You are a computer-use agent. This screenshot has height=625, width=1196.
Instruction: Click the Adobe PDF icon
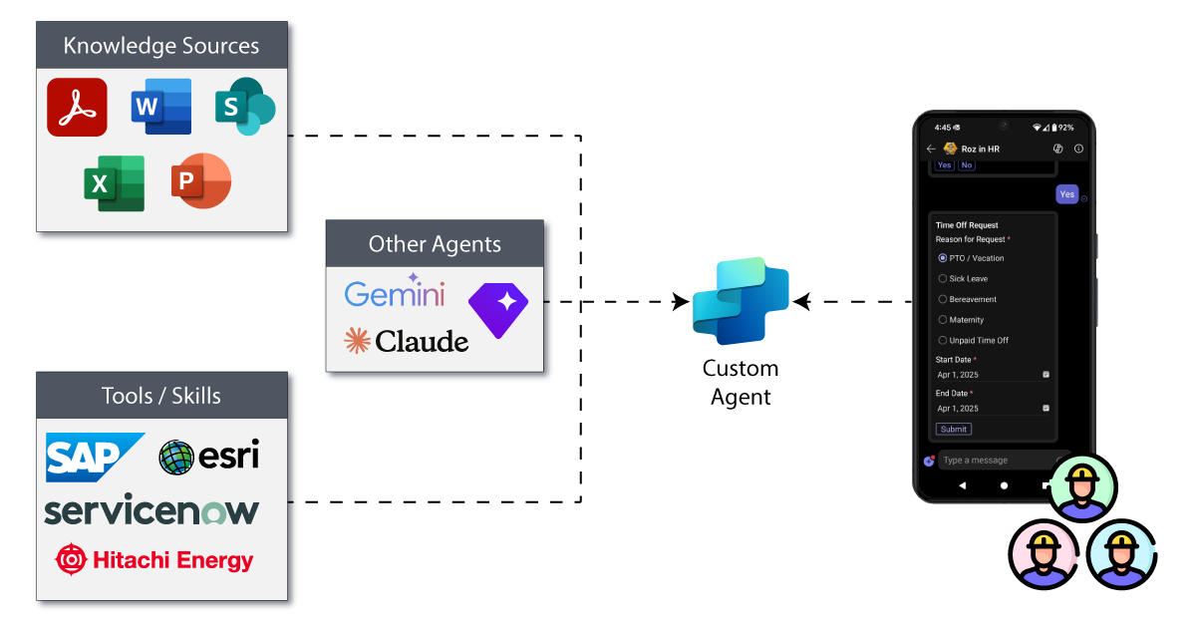77,107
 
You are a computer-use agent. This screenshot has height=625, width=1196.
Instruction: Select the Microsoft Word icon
160,107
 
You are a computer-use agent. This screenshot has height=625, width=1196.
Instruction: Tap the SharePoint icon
244,106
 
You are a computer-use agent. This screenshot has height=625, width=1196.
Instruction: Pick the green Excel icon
114,183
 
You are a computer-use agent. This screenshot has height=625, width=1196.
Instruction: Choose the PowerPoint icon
201,181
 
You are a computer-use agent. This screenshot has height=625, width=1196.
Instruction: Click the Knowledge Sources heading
161,46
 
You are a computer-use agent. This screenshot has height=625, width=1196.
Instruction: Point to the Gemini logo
395,292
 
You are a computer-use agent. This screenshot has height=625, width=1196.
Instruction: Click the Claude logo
406,342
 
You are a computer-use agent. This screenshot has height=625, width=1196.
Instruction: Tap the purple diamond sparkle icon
497,309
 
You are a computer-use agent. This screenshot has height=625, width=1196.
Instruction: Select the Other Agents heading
435,244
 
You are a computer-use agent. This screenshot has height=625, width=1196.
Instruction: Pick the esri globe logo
209,457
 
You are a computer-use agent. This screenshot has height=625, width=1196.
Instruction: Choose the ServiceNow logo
151,510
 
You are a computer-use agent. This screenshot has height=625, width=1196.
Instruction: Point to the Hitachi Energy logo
154,559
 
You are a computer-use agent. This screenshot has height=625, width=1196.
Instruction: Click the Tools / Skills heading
161,396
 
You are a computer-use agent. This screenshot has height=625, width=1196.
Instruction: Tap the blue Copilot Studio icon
741,300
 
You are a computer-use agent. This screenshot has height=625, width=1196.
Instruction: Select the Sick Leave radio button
943,279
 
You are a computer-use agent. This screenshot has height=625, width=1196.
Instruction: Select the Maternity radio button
943,320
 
